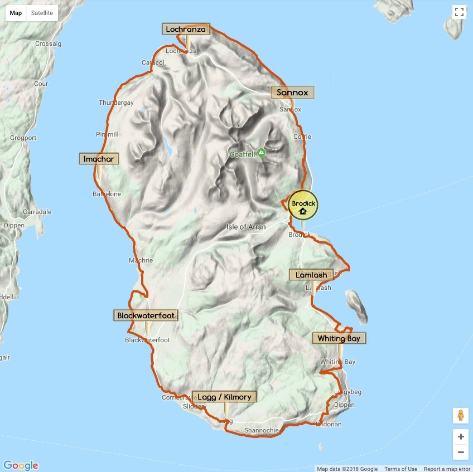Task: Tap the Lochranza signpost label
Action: (186, 29)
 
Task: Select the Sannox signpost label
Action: (292, 93)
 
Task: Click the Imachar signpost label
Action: (99, 159)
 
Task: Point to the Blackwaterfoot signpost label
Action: (146, 315)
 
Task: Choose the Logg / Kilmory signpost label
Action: (225, 397)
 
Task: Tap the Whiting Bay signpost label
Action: (339, 338)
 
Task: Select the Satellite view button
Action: (42, 13)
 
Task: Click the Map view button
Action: (16, 13)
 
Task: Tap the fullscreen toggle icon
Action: (459, 13)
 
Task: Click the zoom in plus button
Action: (460, 436)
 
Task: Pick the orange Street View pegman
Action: (460, 416)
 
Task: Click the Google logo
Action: (21, 465)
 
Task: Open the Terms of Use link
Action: (400, 469)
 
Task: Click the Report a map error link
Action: (447, 469)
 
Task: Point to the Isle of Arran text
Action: (246, 227)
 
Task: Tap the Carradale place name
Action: (37, 212)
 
